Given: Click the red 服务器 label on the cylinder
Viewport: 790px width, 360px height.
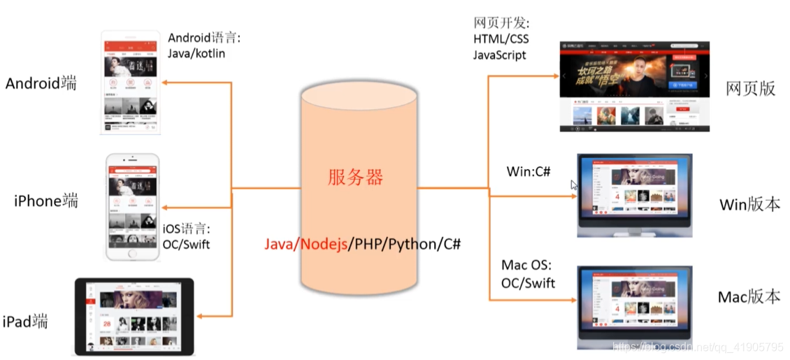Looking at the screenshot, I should click(x=356, y=178).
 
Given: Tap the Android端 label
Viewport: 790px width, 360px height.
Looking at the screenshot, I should click(x=41, y=84).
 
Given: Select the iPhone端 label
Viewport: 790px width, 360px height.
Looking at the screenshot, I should click(x=46, y=201).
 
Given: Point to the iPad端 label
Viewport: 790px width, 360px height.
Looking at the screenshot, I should click(x=25, y=322).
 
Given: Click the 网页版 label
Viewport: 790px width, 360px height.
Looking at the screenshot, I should click(x=751, y=88).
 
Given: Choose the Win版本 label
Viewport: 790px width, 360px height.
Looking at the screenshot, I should click(x=749, y=205).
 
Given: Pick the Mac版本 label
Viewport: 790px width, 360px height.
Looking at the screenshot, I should click(x=749, y=296).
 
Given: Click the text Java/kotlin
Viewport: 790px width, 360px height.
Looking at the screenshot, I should click(x=196, y=53).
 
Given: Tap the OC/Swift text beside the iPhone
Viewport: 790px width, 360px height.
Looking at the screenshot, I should click(x=186, y=244).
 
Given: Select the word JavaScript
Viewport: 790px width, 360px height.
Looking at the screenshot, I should click(x=500, y=55).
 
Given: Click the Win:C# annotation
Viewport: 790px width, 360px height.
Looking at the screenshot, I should click(x=529, y=171).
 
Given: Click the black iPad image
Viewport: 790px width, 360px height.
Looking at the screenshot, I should click(x=135, y=317).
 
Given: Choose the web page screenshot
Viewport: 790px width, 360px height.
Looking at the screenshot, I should click(x=635, y=87).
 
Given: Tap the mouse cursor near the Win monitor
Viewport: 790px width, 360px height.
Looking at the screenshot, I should click(x=574, y=185).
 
